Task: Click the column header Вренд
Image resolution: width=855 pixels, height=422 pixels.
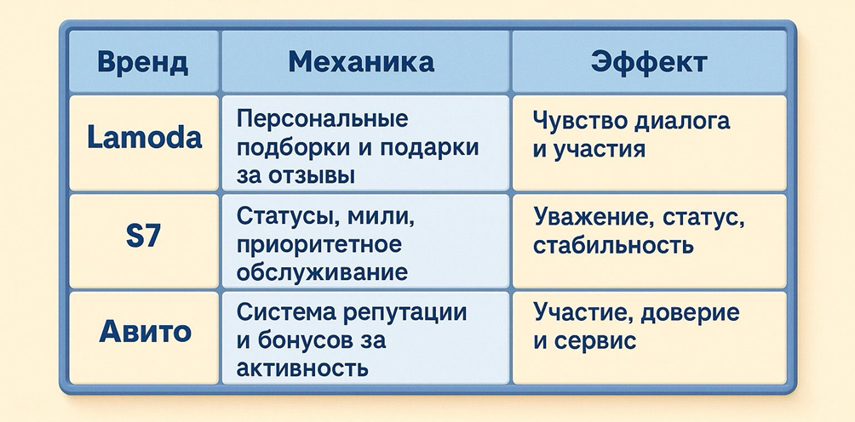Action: click(143, 62)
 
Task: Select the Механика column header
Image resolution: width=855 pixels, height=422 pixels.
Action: click(361, 61)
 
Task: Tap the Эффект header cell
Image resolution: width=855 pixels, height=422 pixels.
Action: click(649, 62)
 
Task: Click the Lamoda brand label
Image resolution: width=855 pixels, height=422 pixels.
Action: click(145, 137)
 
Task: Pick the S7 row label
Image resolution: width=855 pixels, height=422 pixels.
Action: click(143, 237)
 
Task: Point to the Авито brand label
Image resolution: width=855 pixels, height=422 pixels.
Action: click(145, 332)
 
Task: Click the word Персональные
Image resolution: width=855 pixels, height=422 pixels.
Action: click(322, 119)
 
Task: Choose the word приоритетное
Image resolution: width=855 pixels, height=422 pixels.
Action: click(319, 245)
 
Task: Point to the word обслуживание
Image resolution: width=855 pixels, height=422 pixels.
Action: click(322, 271)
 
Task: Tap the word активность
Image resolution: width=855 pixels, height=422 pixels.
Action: click(302, 368)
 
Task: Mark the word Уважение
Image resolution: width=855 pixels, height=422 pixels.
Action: click(594, 217)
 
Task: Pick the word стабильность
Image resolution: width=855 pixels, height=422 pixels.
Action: click(613, 245)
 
